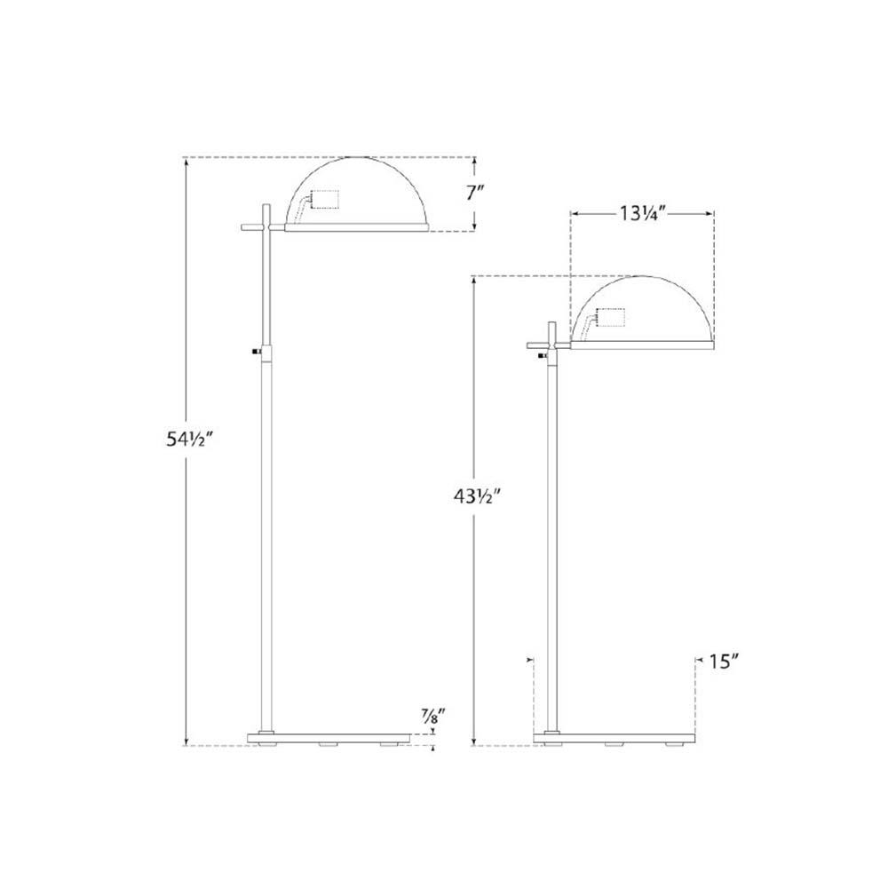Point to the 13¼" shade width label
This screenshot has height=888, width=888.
coord(641,213)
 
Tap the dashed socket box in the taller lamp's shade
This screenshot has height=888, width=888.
coord(325,199)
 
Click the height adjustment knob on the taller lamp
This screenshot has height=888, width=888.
coord(257,352)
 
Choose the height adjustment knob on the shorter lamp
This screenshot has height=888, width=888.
coord(543,354)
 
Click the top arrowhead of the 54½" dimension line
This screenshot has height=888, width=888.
coord(186,163)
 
